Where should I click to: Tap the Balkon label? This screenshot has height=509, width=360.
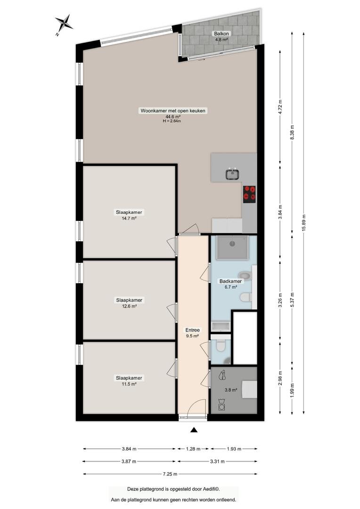point(221,33)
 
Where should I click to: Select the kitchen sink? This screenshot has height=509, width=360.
point(232,173)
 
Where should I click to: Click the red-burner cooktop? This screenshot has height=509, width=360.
point(249,194)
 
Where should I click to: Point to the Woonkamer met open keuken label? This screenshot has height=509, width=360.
point(172,111)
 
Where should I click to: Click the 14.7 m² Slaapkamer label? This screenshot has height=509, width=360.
point(129,212)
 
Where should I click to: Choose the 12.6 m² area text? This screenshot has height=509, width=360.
point(129,306)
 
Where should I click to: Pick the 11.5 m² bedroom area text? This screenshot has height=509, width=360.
point(129,384)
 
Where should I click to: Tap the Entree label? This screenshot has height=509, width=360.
point(193,330)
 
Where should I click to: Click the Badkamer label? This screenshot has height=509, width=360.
point(230,281)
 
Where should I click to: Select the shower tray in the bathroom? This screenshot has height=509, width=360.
point(232,247)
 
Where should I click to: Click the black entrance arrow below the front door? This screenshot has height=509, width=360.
point(194,430)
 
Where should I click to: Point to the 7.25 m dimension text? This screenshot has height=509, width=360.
point(170,474)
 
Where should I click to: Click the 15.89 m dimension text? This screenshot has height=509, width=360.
point(304,223)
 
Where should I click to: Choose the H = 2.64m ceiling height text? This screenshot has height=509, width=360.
point(172,121)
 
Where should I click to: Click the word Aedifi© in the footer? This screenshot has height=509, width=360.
point(213,489)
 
